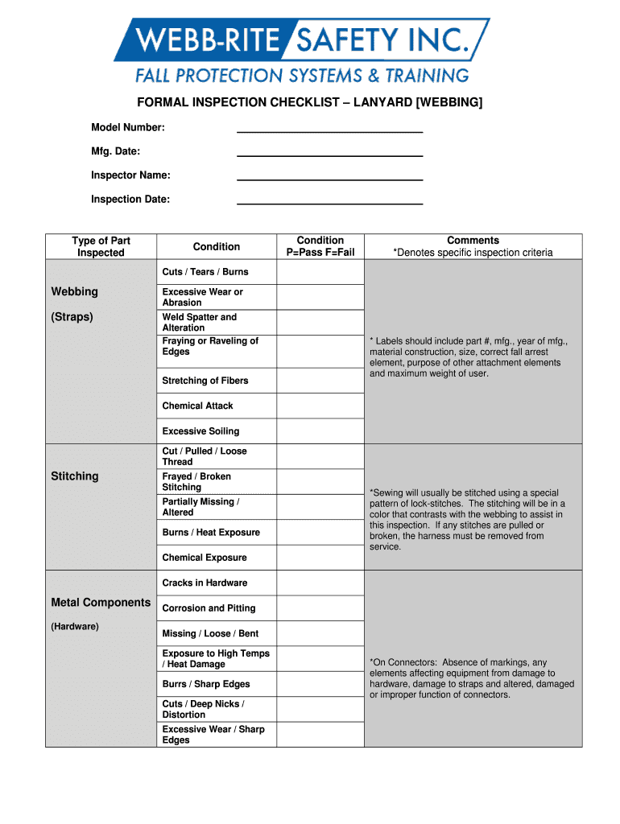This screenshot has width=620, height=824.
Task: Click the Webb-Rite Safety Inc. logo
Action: pos(301,51)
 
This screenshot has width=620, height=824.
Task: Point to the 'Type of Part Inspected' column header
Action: pos(101,246)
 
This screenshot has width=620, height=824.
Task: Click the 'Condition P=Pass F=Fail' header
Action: pos(320,246)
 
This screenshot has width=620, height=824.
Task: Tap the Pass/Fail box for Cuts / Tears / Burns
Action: pos(320,272)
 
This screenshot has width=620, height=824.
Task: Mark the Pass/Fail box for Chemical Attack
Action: pos(320,406)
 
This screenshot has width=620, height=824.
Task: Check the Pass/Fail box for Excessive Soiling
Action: pos(320,431)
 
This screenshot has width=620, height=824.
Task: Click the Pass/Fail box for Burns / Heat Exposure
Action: pos(320,533)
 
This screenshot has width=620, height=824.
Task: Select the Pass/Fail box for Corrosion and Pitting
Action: pos(320,608)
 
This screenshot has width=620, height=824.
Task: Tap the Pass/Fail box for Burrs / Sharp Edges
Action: pos(320,684)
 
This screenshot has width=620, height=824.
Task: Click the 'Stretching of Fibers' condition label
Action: pos(205,381)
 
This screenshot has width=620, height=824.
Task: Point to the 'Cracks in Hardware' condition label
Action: pos(205,583)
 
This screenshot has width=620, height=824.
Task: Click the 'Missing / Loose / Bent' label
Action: pos(210,633)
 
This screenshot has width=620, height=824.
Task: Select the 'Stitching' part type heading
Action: pos(75,476)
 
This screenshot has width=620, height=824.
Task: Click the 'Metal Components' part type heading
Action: pos(101,603)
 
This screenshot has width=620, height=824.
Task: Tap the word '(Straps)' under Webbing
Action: pos(72,317)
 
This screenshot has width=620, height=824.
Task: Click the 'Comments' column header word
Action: pos(473,240)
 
